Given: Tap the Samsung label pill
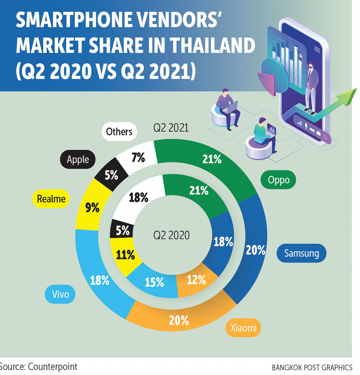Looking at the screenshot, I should pos(301,253).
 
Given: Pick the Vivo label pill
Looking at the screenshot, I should pos(60,294).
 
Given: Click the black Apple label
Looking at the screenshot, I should pos(77,159).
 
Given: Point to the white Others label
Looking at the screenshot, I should pos(119,132).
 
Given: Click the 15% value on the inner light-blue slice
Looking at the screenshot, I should pos(154,283).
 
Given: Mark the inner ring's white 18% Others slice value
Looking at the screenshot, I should pos(139,197).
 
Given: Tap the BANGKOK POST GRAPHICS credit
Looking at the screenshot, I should pos(312,367).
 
